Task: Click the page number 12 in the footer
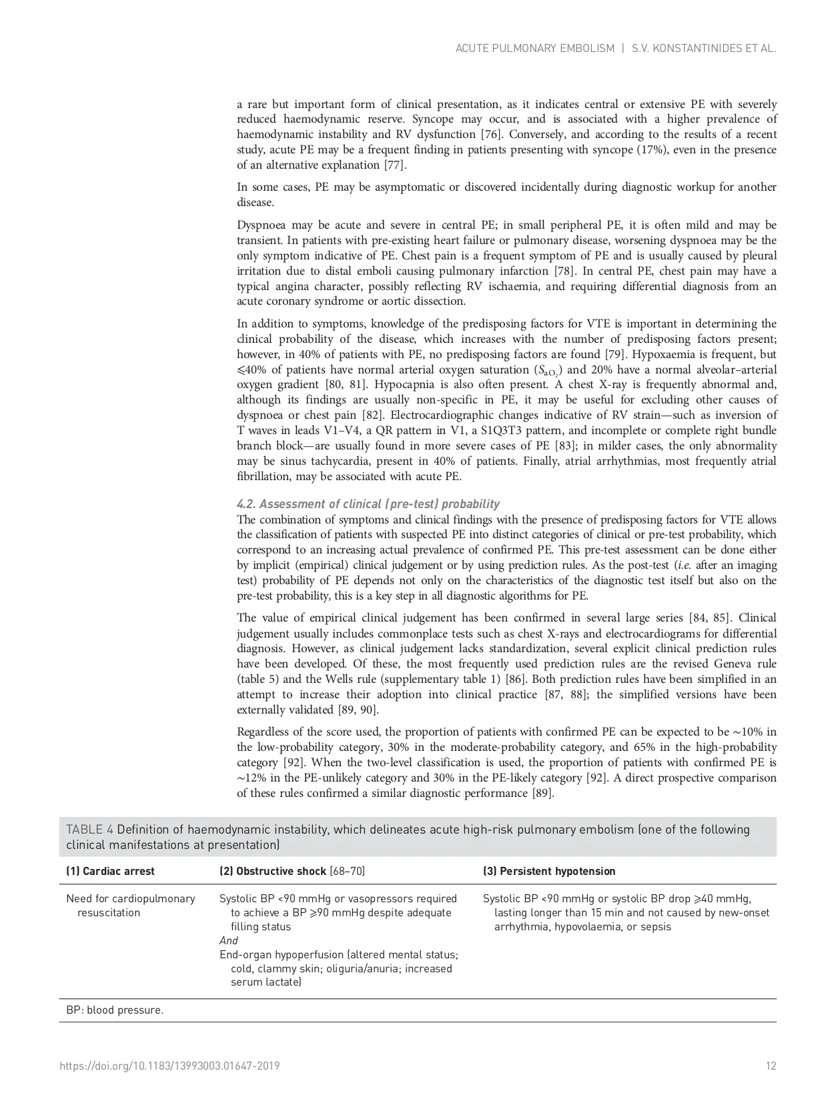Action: click(771, 1066)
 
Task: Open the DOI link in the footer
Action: click(169, 1066)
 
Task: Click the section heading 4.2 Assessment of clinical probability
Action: click(368, 504)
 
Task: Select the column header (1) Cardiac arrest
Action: click(110, 871)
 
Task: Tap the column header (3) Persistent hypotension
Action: click(548, 871)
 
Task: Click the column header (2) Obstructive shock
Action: click(292, 871)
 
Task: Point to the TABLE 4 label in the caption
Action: click(89, 830)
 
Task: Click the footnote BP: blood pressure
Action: click(115, 1010)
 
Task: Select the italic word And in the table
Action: click(228, 940)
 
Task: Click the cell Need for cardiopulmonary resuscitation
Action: click(131, 906)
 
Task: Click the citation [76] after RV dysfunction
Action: click(492, 134)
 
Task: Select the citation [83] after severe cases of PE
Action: click(567, 445)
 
